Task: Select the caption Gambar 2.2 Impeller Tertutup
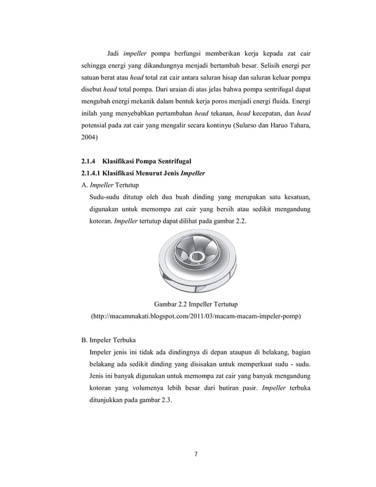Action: (195, 304)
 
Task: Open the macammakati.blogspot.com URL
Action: (195, 317)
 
